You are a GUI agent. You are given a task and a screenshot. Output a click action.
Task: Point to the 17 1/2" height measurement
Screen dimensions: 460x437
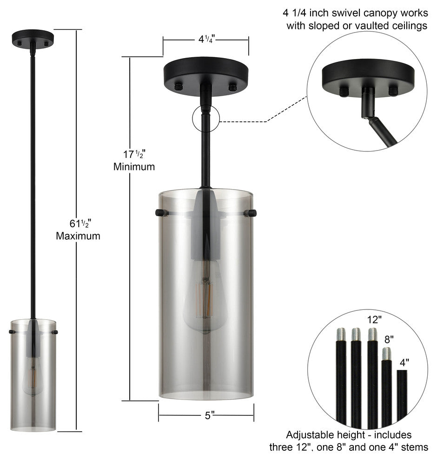(133, 153)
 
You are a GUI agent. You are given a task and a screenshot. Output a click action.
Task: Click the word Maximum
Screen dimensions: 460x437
(78, 236)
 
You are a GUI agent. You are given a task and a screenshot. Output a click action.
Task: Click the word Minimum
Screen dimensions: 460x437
(134, 166)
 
